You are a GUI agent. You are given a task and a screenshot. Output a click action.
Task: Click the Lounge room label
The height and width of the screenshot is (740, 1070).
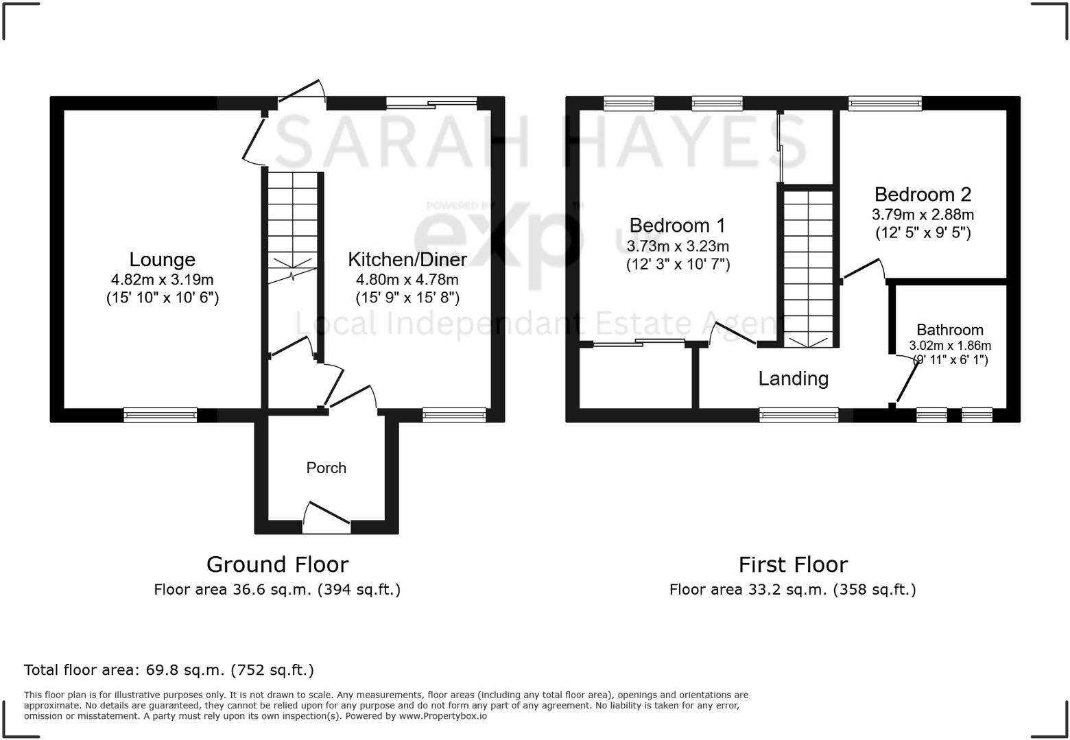coord(163,259)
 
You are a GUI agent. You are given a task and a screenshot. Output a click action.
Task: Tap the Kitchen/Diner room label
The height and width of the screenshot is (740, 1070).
coord(407,259)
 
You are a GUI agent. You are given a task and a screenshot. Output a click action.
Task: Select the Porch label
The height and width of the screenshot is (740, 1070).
coord(326,468)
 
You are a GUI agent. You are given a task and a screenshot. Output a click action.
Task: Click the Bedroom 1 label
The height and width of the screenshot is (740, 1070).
coord(677,225)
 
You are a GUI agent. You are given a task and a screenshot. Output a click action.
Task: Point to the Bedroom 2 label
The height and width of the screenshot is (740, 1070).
coord(923,194)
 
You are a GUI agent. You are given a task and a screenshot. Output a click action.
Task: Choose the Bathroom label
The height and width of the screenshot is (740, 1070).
coord(950,330)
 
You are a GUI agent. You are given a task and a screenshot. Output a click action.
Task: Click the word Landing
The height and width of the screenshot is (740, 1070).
coord(793,379)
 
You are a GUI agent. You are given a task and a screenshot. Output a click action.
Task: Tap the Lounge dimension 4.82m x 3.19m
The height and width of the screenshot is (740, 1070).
coord(163,279)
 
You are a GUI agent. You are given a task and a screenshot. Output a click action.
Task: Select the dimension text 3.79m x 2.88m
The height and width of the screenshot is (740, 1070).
coord(923,215)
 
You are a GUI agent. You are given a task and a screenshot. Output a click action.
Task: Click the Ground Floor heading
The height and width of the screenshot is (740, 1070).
coord(277,564)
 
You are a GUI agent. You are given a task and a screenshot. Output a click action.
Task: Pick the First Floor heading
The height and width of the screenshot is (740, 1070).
coord(793,564)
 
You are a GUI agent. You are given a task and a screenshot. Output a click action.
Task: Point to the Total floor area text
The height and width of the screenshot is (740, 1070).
coord(169,670)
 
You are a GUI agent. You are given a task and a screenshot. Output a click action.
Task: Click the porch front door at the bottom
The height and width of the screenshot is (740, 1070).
coord(326,519)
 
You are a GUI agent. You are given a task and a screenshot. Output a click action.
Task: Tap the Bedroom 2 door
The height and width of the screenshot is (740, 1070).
coord(863,269)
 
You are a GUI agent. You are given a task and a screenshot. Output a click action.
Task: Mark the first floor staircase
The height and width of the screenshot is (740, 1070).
coord(809,267)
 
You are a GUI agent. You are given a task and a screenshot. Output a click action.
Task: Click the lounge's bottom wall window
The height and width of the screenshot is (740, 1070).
coord(160,415)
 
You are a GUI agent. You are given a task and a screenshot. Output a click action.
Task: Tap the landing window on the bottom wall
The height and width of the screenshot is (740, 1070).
coord(798,415)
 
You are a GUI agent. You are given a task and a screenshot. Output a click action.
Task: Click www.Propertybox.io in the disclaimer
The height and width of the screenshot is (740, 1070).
coord(443,716)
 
